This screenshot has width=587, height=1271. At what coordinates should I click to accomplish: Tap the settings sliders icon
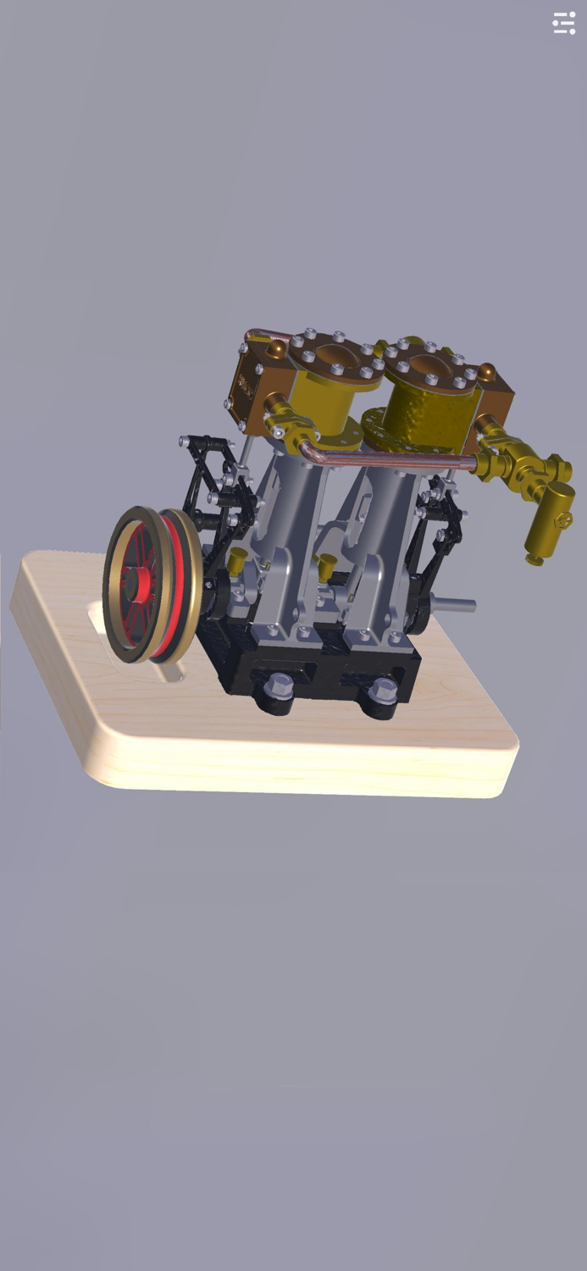[x=564, y=23]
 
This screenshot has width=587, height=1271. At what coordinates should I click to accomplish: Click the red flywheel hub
[x=136, y=583]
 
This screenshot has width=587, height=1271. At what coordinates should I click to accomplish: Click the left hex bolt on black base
[x=280, y=685]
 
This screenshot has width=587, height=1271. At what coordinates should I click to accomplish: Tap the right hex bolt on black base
[x=383, y=690]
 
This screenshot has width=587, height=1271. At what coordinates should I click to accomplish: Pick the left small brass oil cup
[x=237, y=559]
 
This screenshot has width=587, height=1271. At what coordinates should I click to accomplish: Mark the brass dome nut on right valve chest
[x=486, y=372]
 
